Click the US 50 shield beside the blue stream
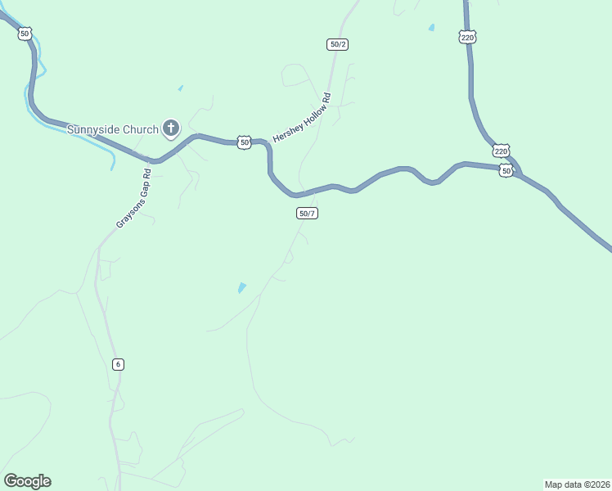25,34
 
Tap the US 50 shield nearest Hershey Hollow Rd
244,142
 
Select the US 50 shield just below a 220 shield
506,171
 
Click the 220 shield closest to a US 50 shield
501,151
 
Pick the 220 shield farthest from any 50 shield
467,37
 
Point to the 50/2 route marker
337,44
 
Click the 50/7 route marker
307,214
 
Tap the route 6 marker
119,364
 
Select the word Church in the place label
141,129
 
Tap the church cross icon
171,128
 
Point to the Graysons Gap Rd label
134,199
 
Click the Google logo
27,481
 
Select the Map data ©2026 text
577,484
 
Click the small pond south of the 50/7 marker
241,288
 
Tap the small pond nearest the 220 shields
431,28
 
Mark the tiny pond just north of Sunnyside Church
180,88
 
